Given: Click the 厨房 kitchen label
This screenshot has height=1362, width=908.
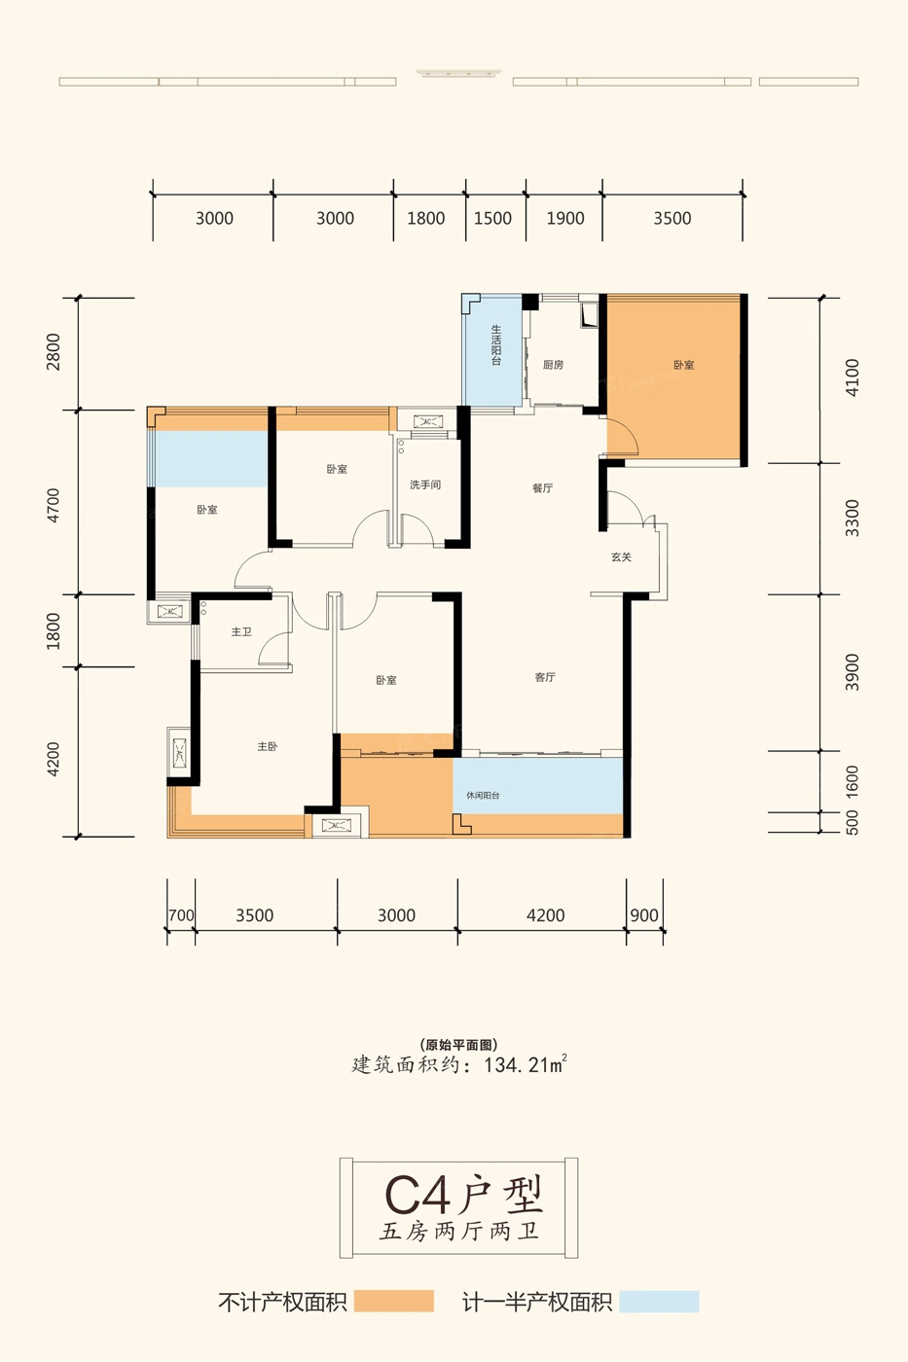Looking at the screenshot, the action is [554, 365].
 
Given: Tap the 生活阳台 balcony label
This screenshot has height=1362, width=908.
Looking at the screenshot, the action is [497, 345].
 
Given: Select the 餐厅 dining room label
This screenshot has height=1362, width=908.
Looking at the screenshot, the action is [542, 488].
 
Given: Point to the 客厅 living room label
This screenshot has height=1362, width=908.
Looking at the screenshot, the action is [546, 677].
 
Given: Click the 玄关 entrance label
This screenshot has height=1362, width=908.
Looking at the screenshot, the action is [622, 556].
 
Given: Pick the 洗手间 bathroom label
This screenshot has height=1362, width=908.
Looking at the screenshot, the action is [425, 484].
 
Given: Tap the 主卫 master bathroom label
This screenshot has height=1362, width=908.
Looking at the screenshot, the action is [241, 632].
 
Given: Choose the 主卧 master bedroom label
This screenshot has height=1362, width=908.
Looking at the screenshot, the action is [268, 747].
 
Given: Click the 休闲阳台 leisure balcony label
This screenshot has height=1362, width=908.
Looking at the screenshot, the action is [483, 796].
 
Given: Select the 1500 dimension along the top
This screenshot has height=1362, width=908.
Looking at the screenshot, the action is [492, 218].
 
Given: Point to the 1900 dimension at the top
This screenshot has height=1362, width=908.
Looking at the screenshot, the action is [565, 218].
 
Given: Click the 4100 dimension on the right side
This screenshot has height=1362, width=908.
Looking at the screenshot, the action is [853, 377].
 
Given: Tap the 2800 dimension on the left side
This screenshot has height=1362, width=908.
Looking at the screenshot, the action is [54, 352].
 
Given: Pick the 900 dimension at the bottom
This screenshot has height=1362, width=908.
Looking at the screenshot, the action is [644, 915].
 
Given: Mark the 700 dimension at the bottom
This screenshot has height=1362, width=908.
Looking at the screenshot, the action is [181, 915].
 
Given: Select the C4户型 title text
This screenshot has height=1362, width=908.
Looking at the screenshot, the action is [463, 1196].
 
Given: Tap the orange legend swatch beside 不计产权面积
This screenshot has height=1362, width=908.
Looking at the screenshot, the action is [394, 1302].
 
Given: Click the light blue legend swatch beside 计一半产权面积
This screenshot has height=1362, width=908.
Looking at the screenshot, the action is [659, 1302].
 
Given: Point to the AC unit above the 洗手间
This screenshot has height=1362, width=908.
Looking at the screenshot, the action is [427, 421].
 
